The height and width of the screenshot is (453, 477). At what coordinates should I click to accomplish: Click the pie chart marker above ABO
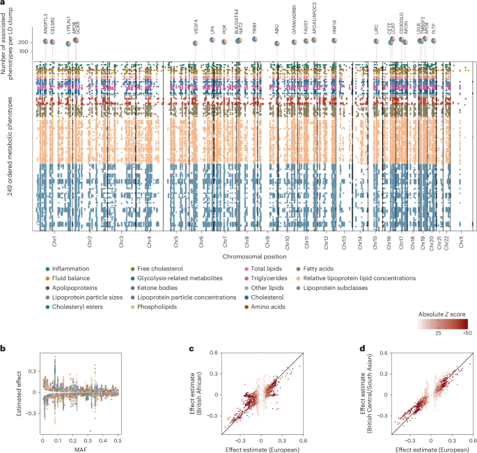[x=277, y=43]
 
